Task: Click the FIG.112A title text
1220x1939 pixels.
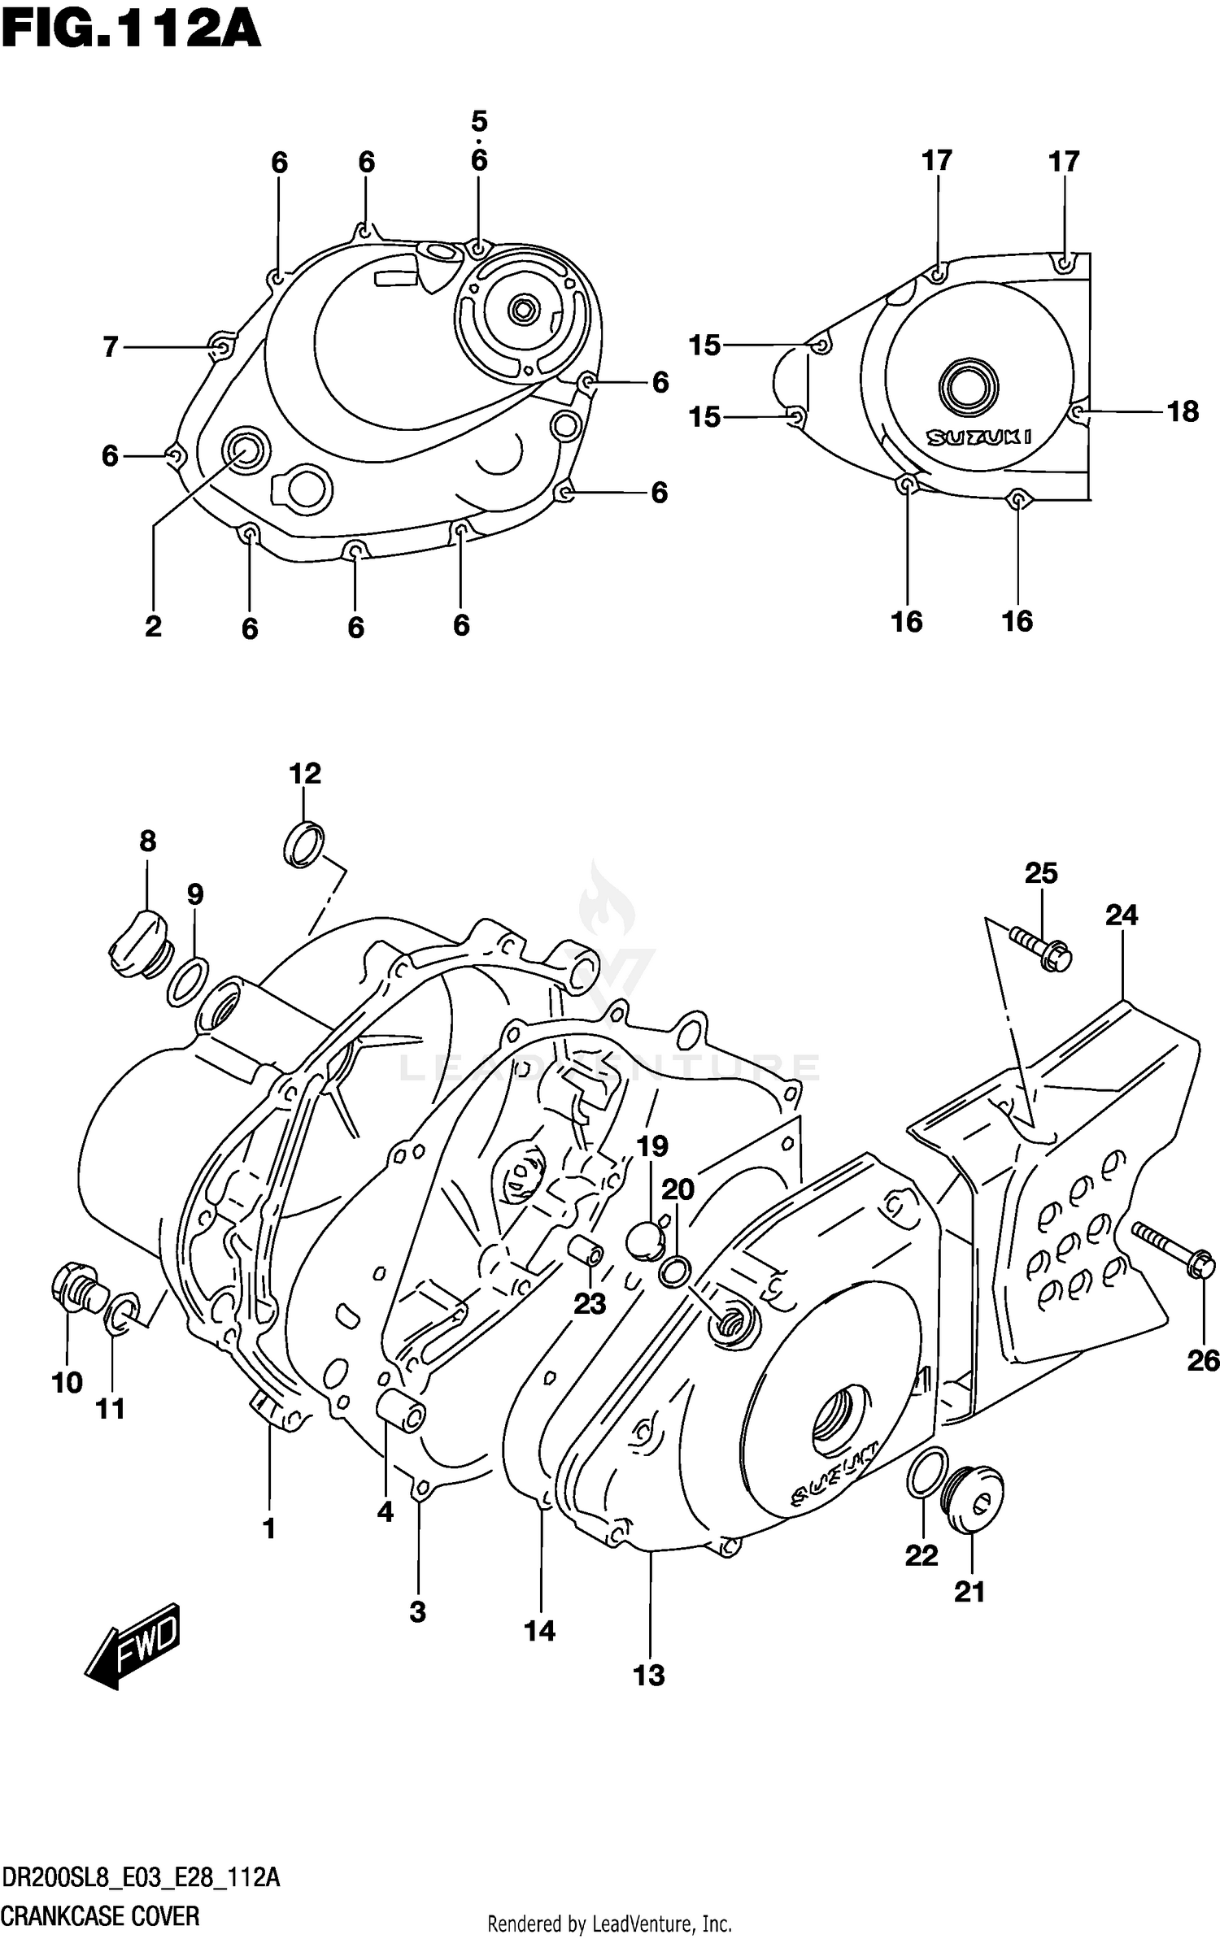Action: point(130,33)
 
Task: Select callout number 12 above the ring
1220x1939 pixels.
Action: point(305,772)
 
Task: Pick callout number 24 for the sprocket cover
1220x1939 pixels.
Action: point(1121,915)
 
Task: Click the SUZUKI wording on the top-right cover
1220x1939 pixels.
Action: point(979,437)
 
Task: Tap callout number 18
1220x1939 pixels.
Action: point(1183,412)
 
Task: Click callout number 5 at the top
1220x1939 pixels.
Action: point(479,122)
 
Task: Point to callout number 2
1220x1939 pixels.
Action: point(153,626)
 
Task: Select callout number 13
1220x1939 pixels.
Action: point(649,1676)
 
